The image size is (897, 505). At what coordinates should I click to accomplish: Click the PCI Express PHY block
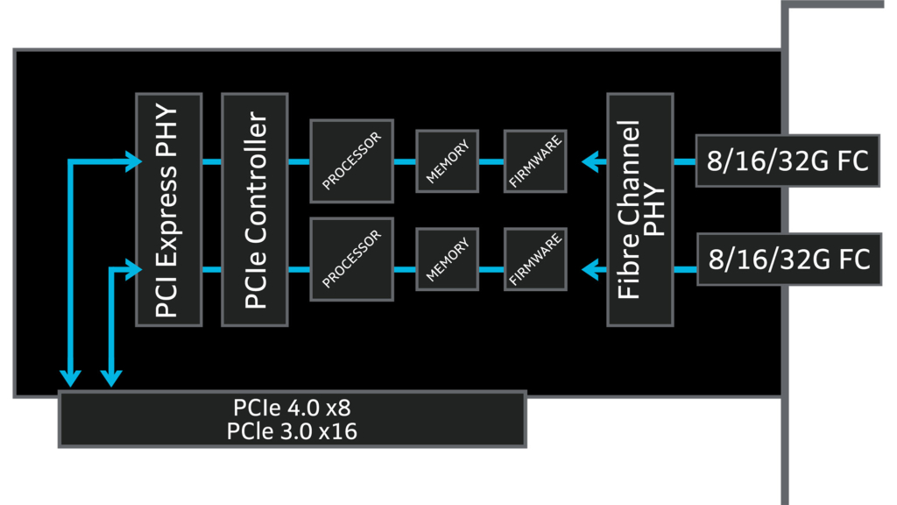point(169,210)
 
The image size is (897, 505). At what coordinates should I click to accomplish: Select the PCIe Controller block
point(255,210)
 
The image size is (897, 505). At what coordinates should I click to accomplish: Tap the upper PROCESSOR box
point(351,160)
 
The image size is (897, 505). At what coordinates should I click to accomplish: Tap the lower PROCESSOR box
point(351,259)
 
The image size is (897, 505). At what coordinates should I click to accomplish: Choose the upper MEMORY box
point(448,160)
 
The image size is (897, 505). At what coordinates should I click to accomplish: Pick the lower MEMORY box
point(448,259)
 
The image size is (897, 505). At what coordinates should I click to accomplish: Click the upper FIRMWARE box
point(535,160)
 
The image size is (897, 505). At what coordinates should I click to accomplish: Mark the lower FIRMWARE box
point(535,259)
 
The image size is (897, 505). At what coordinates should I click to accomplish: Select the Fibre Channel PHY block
point(639,210)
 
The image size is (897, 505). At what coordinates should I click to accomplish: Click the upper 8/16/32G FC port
point(787,160)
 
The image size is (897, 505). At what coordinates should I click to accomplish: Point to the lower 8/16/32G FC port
point(787,259)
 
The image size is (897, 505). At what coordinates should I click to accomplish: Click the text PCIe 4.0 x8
point(292,409)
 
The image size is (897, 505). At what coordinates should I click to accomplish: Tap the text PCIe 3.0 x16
point(292,431)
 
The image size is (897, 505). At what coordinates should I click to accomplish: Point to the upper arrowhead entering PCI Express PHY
point(133,161)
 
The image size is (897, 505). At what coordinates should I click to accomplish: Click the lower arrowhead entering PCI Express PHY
point(133,269)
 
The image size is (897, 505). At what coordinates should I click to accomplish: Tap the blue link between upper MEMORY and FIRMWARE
point(491,161)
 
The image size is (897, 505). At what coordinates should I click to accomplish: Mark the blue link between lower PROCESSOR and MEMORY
point(405,269)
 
